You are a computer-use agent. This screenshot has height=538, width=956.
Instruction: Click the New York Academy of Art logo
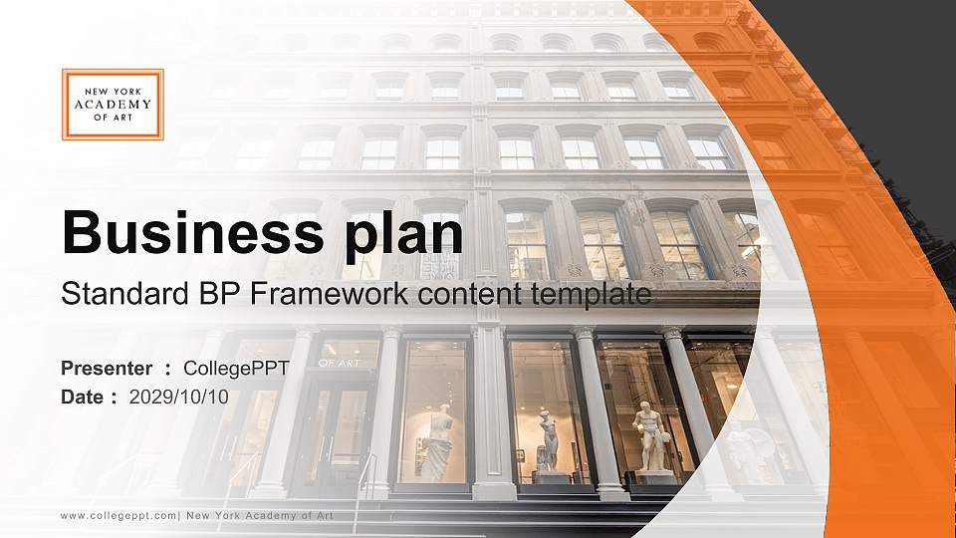point(113,105)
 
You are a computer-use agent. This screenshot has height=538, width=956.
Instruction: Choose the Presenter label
point(107,369)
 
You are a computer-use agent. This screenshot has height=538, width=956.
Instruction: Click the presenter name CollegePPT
point(236,369)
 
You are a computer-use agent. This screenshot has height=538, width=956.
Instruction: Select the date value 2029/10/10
point(179,397)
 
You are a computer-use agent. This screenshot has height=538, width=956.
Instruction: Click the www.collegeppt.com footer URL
point(119,515)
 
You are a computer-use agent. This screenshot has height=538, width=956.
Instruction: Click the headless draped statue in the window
point(435,442)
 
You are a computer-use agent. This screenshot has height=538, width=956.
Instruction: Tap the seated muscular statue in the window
point(650,436)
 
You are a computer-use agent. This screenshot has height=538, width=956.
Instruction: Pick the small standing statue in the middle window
point(548,440)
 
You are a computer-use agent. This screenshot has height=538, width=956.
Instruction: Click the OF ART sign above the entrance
point(340,363)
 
